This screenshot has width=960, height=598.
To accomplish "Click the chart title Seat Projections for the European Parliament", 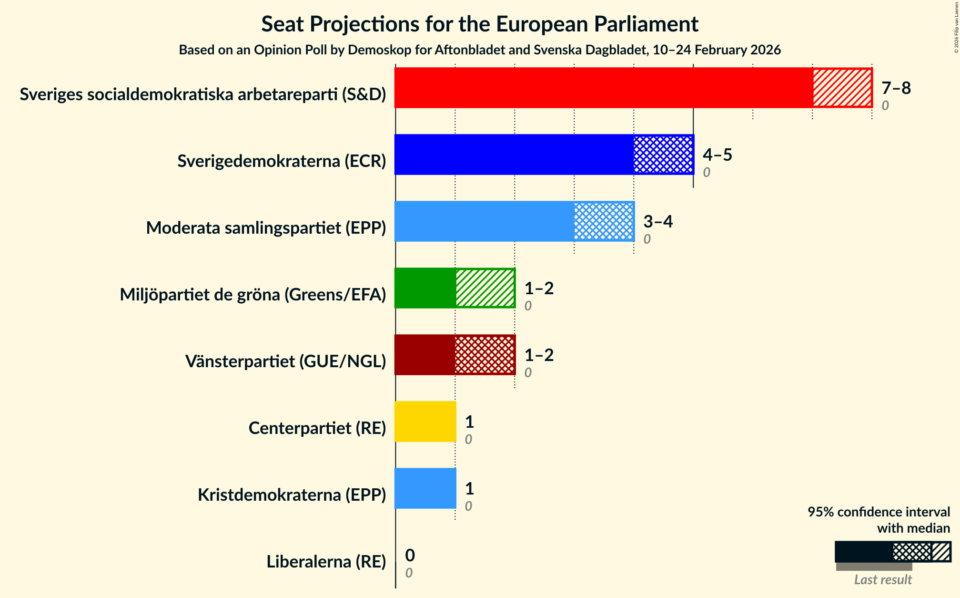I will point(480,24).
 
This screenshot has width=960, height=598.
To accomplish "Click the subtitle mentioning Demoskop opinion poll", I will point(480,50).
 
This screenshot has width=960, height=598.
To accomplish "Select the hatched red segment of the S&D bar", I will point(842,88).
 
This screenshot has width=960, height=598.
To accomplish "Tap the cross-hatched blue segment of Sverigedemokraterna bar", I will point(663,155).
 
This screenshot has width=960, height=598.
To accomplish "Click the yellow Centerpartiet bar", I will point(425,422).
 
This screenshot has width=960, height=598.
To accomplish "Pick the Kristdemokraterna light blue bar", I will point(425,488).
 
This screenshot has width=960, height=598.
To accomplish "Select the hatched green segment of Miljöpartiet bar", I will point(485,288).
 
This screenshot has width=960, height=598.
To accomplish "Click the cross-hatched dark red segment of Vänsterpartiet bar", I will point(485,355).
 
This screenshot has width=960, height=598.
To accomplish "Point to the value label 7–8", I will point(896,88).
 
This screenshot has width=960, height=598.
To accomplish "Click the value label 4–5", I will point(717,155).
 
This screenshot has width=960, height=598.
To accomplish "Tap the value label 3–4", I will point(658,222).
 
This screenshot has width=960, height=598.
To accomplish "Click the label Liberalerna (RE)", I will point(326,562).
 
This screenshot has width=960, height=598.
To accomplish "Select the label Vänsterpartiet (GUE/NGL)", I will point(285,361).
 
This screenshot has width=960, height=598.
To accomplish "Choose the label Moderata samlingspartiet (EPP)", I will point(266,228).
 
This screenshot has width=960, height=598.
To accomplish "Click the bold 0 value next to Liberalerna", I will point(410,555).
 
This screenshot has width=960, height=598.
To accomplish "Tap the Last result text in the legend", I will point(882,579).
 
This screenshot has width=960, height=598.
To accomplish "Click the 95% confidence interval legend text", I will point(879,512).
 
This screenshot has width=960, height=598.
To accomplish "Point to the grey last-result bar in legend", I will point(874,567).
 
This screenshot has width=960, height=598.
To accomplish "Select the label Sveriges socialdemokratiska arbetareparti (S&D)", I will point(202,94).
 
